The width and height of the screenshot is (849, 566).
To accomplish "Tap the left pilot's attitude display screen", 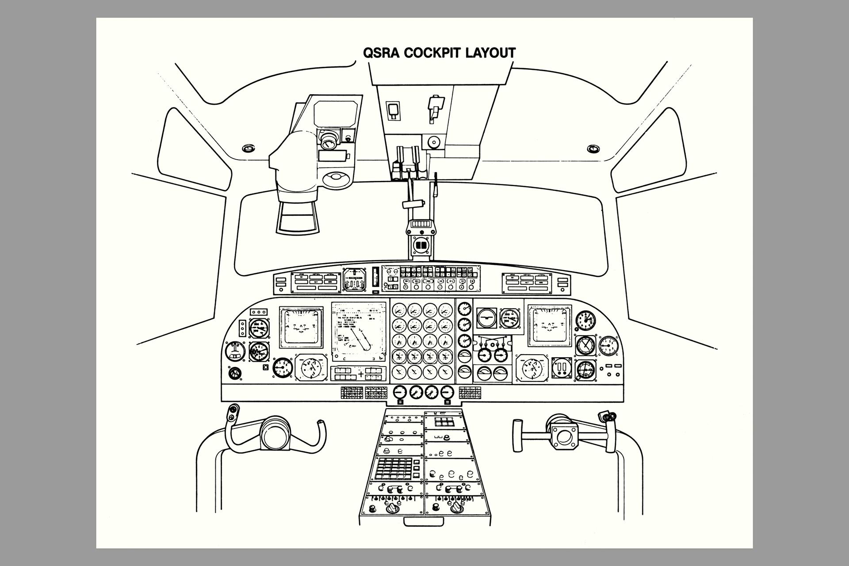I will coord(301,328).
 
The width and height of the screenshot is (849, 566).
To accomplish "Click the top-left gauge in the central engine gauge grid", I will coord(399,310).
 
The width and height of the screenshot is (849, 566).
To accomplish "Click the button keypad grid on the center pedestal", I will coord(393,469).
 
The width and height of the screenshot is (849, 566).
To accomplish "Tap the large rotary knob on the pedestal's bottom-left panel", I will coord(392,509).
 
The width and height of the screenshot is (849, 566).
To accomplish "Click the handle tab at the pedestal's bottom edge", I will coord(424,521).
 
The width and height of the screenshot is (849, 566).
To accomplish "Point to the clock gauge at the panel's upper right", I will coord(585,320).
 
